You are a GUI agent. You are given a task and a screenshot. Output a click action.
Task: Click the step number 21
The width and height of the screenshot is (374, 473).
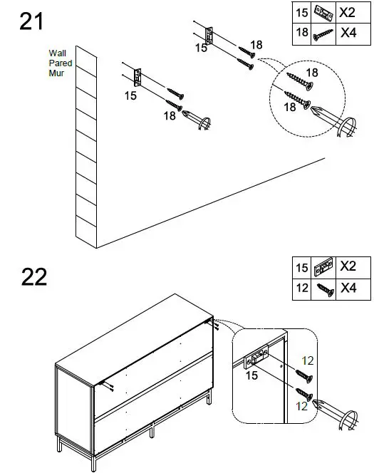[31, 21]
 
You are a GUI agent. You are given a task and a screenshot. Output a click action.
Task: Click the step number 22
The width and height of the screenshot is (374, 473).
[34, 276]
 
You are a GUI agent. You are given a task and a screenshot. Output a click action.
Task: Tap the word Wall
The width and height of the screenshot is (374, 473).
[57, 53]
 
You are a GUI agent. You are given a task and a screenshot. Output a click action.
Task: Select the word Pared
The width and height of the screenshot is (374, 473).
[61, 63]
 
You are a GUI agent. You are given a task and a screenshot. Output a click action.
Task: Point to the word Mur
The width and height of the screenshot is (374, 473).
[56, 73]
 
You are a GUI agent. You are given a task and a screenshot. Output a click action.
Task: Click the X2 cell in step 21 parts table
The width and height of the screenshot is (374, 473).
[353, 13]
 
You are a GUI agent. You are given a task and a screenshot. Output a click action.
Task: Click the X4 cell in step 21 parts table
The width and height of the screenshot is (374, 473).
[353, 34]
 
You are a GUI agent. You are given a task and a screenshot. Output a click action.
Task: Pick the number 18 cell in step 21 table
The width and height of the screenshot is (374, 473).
[301, 34]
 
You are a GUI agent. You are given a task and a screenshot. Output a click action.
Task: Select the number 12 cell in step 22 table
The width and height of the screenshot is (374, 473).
[301, 289]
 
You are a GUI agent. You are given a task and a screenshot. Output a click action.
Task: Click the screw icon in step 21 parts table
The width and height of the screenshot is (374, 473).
[323, 35]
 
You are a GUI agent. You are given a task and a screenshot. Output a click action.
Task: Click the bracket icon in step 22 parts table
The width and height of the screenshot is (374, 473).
[323, 267]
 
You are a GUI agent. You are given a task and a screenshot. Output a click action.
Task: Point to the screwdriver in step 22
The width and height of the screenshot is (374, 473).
[335, 414]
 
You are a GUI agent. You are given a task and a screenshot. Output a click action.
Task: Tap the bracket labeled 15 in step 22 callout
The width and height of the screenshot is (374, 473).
[256, 357]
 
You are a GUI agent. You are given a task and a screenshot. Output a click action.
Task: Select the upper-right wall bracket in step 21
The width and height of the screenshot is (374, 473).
[209, 36]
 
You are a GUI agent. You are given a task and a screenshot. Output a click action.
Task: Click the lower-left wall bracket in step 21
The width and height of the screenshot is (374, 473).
[137, 78]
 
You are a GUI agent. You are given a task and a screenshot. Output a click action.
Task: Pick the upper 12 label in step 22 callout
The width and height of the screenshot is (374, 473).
[308, 360]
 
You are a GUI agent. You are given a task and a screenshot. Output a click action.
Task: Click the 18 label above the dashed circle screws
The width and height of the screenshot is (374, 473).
[312, 73]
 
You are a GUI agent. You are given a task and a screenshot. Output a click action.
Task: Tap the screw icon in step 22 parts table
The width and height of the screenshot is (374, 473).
[325, 290]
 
